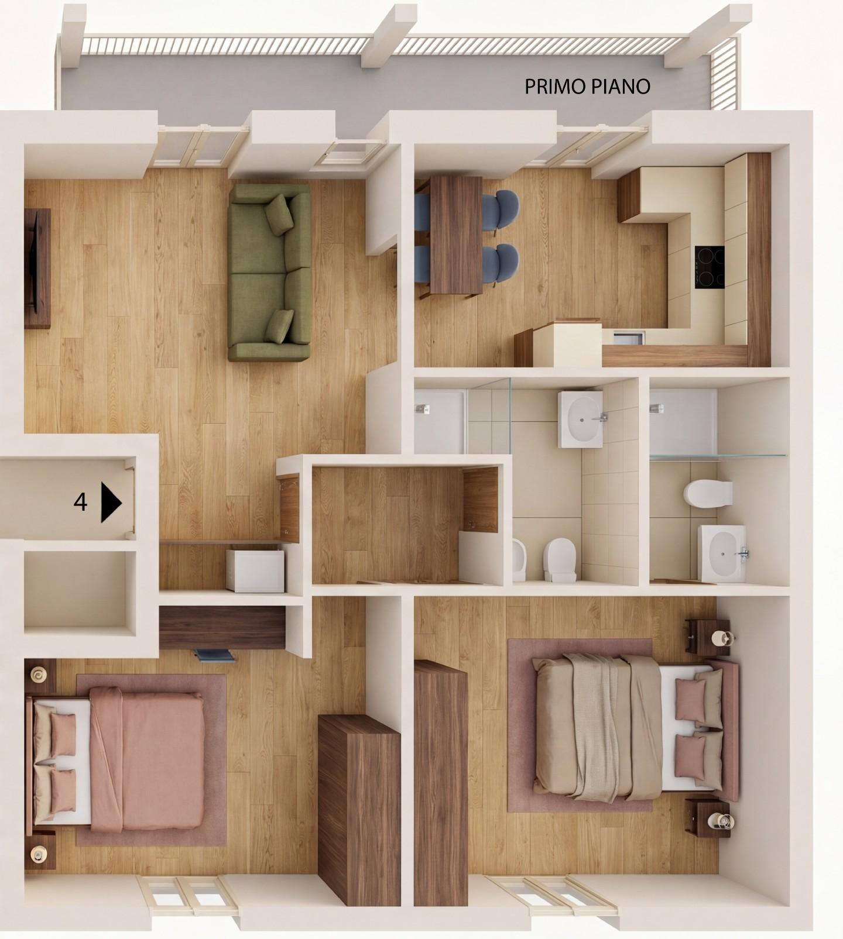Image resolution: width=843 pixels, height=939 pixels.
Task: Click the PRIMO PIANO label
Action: click(587, 87)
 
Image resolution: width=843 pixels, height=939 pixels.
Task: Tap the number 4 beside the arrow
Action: click(80, 502)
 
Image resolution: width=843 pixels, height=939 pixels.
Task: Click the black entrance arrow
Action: click(111, 502)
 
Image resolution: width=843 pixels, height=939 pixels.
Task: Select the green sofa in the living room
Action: click(269, 273)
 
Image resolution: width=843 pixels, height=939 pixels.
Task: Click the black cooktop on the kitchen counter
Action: click(710, 266)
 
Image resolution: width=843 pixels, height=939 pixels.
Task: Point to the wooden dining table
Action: click(456, 234)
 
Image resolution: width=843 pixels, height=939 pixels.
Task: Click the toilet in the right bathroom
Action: click(707, 494)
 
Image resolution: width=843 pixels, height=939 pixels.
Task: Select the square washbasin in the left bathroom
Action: click(580, 419)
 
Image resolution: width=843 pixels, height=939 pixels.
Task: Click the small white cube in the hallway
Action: click(255, 570)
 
